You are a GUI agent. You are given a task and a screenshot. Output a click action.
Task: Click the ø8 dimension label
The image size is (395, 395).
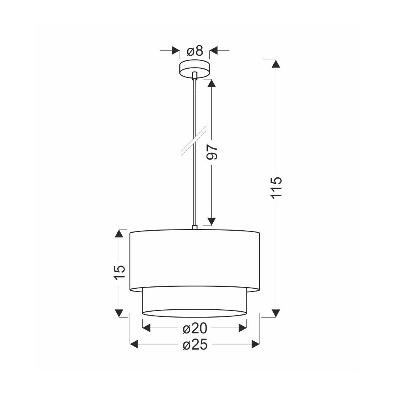point(195,51)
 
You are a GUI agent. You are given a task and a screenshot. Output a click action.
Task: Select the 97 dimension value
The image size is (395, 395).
point(212,152)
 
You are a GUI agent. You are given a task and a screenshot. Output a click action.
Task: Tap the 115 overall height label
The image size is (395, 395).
point(276,188)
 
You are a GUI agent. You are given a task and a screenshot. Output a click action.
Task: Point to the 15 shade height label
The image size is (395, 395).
point(119,272)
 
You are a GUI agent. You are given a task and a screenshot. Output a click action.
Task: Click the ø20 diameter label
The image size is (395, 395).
point(195,328)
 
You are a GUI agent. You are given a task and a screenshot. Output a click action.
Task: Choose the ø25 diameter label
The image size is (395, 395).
point(195,344)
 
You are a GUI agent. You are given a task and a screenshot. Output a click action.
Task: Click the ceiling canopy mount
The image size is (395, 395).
point(194,68)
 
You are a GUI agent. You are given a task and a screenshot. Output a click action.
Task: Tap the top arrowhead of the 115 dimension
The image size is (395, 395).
point(276,64)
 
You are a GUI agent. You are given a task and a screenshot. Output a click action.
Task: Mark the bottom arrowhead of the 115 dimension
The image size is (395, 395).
point(276,313)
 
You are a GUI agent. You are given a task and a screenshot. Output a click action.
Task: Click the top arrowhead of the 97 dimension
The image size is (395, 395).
point(212,83)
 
